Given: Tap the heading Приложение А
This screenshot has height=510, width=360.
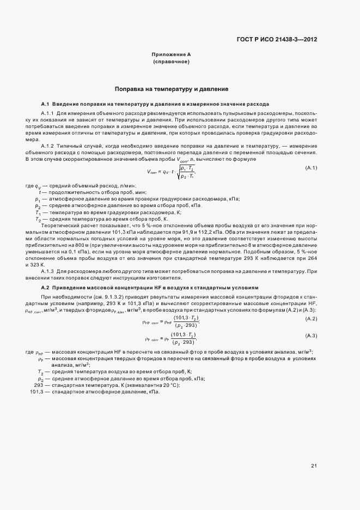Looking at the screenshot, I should coord(171,55).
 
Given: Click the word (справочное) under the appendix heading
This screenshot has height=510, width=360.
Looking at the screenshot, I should coord(171,62).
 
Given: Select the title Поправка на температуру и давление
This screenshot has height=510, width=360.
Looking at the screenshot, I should coord(171,88).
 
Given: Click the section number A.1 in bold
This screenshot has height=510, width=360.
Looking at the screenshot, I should coord(45,104).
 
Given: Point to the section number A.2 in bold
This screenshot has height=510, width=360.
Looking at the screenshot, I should coord(45,287).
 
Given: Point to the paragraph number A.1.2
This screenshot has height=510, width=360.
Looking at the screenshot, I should coord(48,145).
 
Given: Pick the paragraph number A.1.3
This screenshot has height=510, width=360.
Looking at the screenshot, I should coord(48,271).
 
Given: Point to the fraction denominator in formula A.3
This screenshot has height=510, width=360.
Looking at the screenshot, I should coord(182,343).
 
